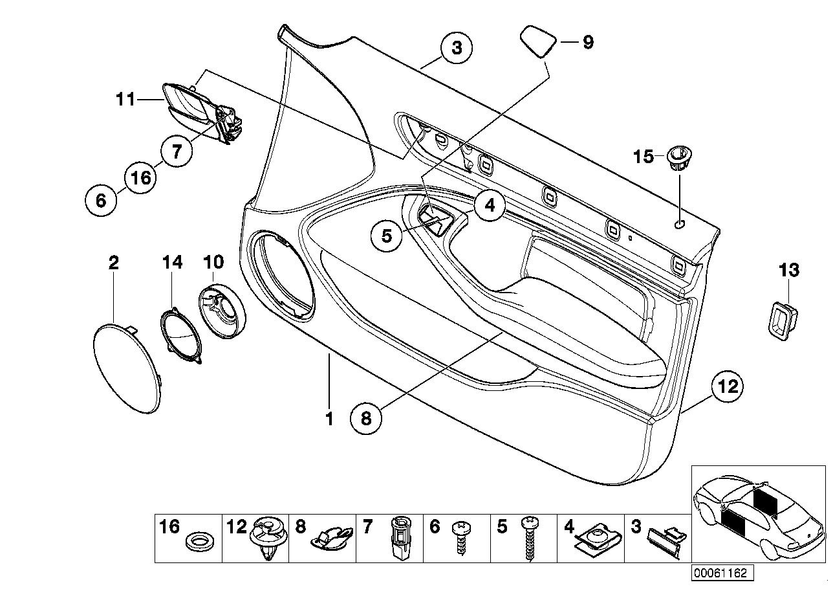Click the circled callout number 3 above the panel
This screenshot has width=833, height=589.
(457, 49)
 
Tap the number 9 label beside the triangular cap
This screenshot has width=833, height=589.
(588, 43)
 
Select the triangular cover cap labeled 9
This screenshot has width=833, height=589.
(539, 41)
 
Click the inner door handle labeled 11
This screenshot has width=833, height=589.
(202, 113)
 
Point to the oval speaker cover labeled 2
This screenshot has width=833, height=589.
(127, 368)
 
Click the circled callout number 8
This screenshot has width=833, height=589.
(366, 419)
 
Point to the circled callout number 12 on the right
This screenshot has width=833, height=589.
(728, 386)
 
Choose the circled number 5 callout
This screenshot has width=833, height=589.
(387, 236)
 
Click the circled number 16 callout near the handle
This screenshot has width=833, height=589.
(140, 177)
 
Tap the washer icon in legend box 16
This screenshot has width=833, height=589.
(200, 543)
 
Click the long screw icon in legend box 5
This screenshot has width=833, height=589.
(530, 538)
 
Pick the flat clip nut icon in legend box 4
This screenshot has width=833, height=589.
(598, 540)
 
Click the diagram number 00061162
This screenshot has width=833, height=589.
(722, 573)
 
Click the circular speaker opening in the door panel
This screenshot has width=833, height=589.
(282, 276)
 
